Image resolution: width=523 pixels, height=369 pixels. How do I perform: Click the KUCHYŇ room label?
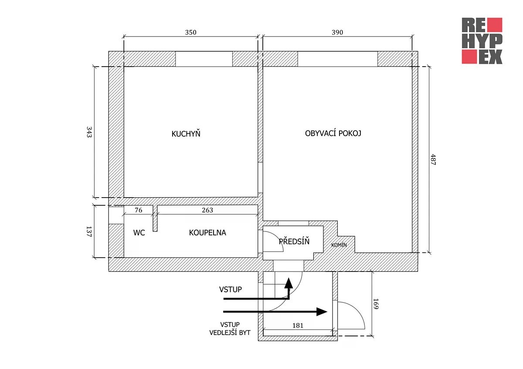point(186,134)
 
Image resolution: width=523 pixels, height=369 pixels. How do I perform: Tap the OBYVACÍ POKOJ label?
point(333,133)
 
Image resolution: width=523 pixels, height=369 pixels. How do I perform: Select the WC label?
point(139,232)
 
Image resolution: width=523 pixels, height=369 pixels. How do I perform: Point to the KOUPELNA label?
point(207,232)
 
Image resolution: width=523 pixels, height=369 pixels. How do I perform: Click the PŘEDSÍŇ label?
point(294,241)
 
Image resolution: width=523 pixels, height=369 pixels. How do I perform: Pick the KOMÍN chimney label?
point(339,245)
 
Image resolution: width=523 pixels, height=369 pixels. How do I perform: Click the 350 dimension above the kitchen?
point(191,32)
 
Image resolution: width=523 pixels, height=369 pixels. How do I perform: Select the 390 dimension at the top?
point(337,32)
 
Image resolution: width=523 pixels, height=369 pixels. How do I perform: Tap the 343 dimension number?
point(89,132)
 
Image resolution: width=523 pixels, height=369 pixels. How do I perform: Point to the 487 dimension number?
point(433,159)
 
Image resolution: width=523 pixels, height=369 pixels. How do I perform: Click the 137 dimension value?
point(89,231)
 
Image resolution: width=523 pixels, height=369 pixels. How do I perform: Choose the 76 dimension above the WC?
point(139,210)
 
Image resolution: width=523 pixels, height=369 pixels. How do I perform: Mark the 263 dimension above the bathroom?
point(207,210)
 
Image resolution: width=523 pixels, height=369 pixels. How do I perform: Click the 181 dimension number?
point(298,325)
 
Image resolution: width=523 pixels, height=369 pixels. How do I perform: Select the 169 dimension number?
point(376,304)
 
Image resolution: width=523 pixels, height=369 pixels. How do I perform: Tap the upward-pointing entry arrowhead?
point(289,283)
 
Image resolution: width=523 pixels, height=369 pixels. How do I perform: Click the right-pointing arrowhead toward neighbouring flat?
point(322,312)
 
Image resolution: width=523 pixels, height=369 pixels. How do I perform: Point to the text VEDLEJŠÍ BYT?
point(230,332)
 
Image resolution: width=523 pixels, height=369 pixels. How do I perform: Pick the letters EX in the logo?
point(491,57)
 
